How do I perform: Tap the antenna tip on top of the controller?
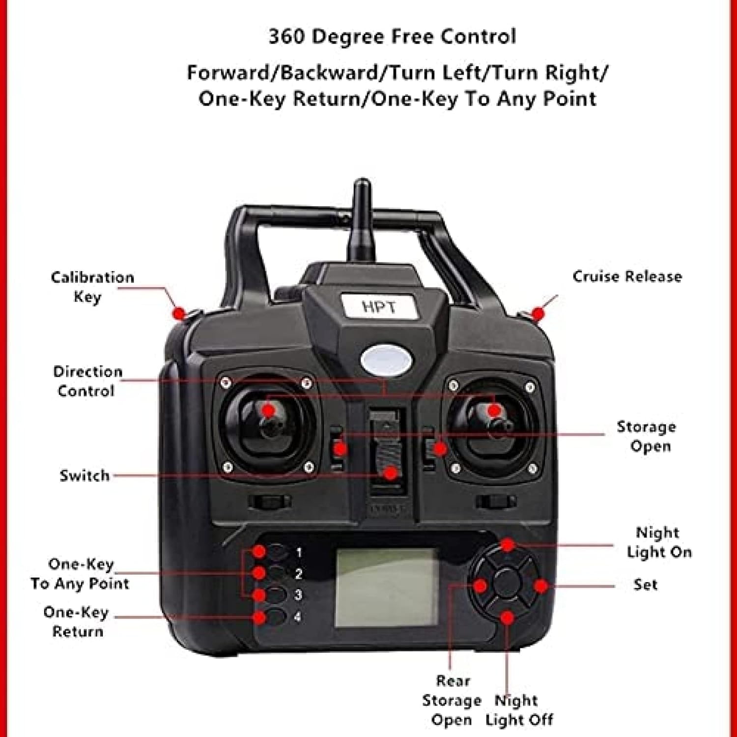tap(362, 183)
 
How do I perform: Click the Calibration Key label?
tap(92, 287)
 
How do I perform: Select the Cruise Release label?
tap(627, 276)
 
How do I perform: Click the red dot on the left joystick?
tap(268, 410)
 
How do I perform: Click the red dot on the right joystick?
tap(494, 410)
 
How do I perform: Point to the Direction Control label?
tap(87, 381)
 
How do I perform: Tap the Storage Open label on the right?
tap(646, 436)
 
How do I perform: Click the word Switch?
tap(84, 476)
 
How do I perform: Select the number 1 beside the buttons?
tap(299, 553)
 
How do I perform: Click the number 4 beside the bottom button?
tap(298, 616)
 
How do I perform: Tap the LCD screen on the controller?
tap(386, 588)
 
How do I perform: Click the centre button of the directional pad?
tap(507, 583)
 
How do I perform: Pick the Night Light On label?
tap(659, 542)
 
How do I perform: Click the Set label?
tap(645, 585)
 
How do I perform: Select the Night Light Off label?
tap(519, 710)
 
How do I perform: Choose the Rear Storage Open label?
tap(452, 701)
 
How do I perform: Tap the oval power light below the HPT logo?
tap(386, 360)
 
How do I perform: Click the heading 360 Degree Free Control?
tap(392, 37)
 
